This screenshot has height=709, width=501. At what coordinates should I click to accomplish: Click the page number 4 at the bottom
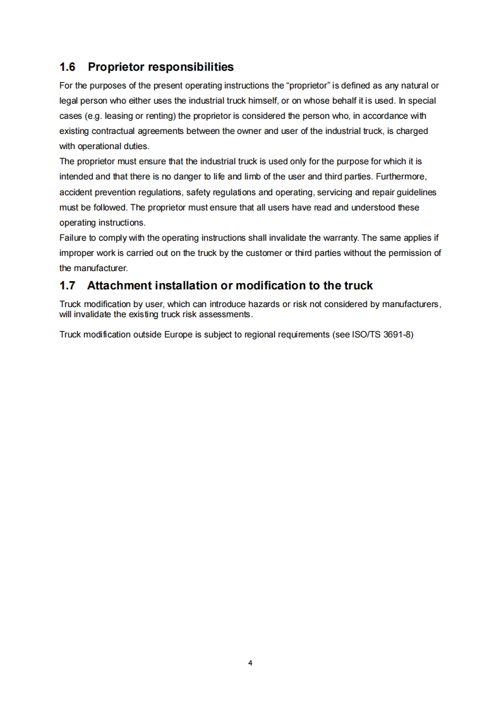(250, 663)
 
